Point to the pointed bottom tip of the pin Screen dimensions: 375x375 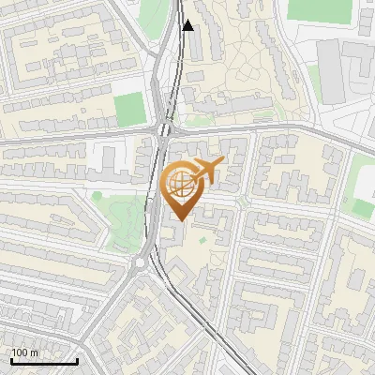tap(180, 220)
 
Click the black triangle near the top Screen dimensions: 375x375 tap(188, 26)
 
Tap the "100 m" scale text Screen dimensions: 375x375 tap(25, 352)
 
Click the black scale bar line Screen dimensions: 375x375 tap(44, 362)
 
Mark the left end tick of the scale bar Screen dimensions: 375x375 tap(11, 360)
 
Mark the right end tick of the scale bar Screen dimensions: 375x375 tap(77, 360)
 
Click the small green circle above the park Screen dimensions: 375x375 tap(97, 196)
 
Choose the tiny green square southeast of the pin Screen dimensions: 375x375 tap(202, 241)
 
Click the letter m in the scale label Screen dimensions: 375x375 tap(35, 352)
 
